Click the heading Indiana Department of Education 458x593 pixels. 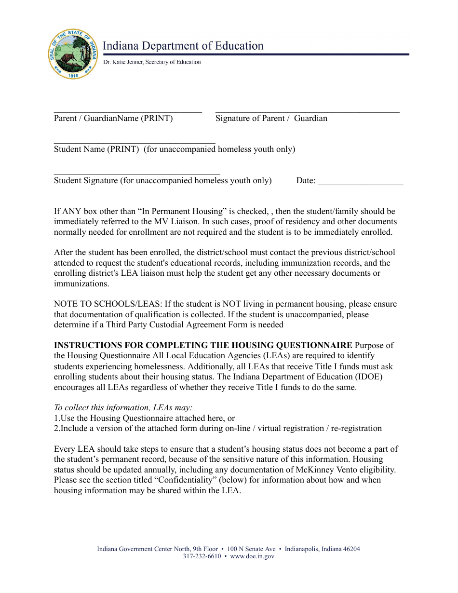(183, 46)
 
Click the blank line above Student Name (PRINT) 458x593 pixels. (135, 143)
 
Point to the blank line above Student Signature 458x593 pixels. (136, 174)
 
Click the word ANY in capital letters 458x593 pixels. (71, 211)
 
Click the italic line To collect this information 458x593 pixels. (123, 407)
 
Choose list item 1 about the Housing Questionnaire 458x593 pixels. (144, 418)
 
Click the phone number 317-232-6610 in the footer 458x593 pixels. (202, 556)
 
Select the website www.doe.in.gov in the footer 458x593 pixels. (252, 556)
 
